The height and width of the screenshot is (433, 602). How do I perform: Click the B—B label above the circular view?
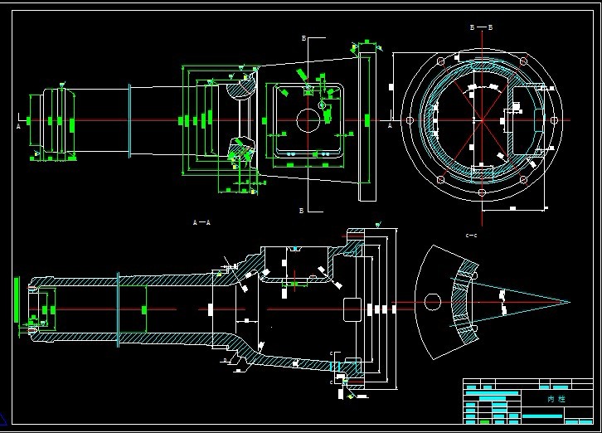[x=481, y=27]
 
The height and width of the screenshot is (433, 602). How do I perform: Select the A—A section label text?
[x=201, y=222]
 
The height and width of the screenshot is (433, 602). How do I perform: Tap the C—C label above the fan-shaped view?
[x=471, y=236]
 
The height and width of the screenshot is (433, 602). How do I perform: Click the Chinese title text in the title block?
[x=556, y=399]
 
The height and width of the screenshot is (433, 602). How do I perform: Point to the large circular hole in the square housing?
[x=308, y=121]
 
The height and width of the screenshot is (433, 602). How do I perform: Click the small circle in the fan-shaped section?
[x=430, y=301]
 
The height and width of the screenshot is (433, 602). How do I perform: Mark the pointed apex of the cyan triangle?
[x=569, y=302]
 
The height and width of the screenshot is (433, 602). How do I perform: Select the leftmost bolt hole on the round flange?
[x=410, y=121]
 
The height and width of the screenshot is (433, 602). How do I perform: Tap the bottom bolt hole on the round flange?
[x=481, y=192]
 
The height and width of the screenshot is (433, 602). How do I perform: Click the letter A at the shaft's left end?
[x=18, y=127]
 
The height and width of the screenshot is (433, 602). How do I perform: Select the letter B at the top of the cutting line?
[x=303, y=38]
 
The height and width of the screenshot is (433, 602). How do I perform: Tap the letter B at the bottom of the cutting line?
[x=302, y=212]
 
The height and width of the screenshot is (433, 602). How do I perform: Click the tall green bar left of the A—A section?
[x=16, y=298]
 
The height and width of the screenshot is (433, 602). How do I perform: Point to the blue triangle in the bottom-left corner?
[x=5, y=417]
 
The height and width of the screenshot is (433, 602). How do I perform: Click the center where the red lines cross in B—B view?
[x=481, y=121]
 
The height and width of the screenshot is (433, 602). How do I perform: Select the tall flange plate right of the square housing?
[x=367, y=124]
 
